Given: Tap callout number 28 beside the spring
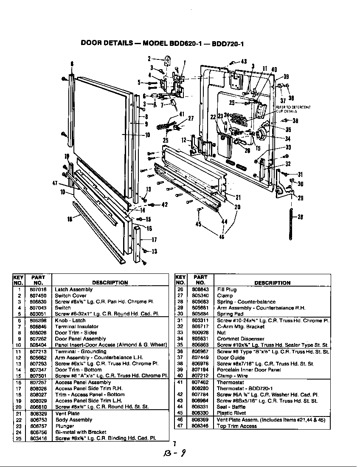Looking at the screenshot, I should tap(301, 217).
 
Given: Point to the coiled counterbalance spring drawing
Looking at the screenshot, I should tap(291, 223).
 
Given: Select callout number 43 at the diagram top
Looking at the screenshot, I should tap(244, 62).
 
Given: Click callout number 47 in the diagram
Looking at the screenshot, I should tap(55, 183).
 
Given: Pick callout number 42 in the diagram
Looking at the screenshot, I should tap(165, 205).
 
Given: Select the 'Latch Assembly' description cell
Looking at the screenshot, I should tap(73, 290).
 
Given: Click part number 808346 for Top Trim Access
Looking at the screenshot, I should tap(200, 426).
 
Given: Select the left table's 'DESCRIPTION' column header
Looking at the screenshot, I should tap(110, 282).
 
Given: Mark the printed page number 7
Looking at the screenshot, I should tap(174, 444).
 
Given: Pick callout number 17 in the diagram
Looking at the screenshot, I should tap(154, 239).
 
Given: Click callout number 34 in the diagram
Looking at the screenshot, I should tap(288, 139).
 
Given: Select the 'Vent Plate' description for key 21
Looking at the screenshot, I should tap(67, 414).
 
